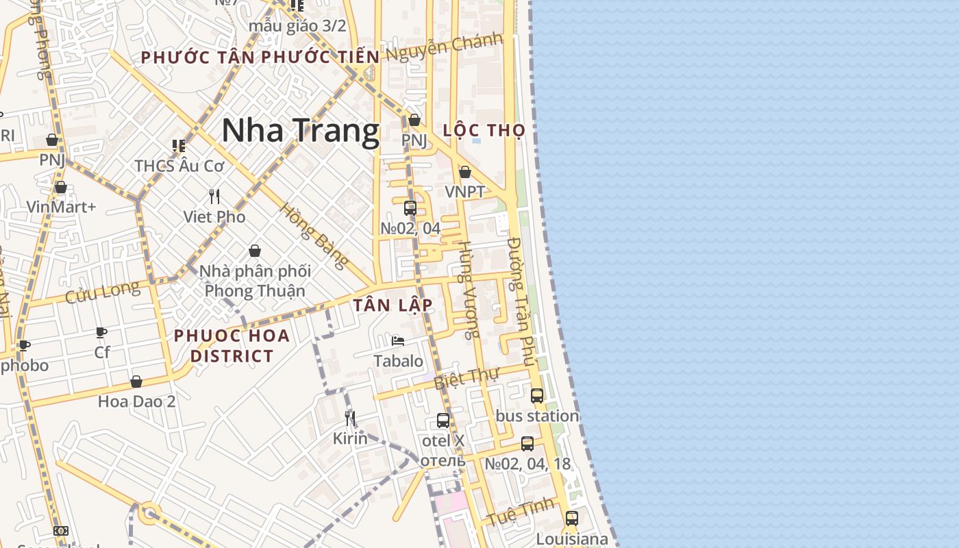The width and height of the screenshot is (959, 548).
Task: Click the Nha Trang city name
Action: (300, 131)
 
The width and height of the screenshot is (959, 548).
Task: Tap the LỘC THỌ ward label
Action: (484, 130)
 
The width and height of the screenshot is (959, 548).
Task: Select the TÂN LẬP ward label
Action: (393, 306)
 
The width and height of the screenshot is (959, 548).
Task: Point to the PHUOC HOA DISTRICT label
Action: (232, 346)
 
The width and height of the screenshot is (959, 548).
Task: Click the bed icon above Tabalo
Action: (398, 341)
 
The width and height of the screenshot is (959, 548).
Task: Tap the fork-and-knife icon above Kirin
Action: (350, 418)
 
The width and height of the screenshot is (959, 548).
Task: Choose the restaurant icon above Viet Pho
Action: (214, 197)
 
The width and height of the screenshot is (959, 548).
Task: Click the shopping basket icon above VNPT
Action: (465, 172)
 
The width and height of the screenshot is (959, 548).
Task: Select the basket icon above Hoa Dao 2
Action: (136, 382)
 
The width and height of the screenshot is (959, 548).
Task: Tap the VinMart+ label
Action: (61, 206)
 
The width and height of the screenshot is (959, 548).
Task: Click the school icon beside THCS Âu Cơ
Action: (179, 145)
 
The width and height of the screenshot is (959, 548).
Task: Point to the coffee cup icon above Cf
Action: (101, 333)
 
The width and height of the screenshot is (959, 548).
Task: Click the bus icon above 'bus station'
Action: (537, 395)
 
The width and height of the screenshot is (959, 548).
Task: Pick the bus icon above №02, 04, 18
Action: (527, 443)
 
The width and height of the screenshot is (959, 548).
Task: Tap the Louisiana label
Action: (572, 539)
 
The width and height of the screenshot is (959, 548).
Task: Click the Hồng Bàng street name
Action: (314, 235)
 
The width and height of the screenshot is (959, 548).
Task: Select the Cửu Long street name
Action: (102, 293)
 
